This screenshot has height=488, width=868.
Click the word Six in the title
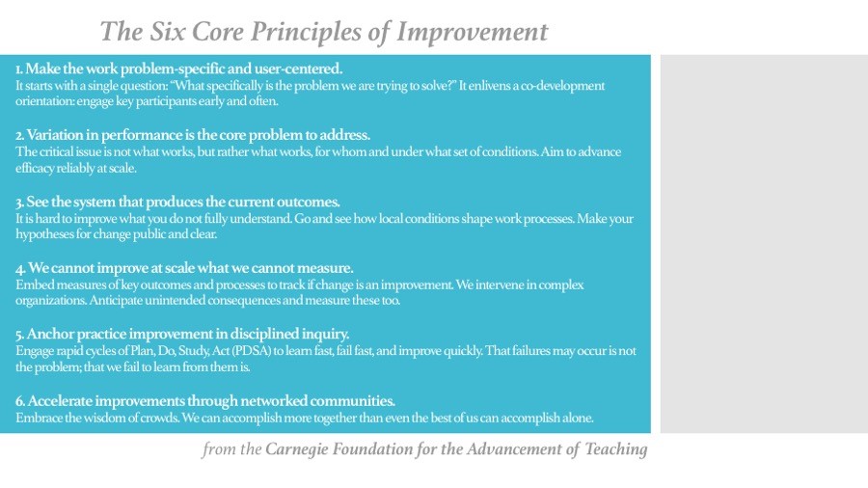pos(168,32)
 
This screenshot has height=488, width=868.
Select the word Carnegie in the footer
pos(296,449)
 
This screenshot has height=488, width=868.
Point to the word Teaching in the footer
pos(616,449)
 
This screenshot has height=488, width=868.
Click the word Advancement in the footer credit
pos(513,448)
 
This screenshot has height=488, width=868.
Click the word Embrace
pos(39,418)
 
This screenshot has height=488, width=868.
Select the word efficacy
pos(35,168)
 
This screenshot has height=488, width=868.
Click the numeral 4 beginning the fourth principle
pos(20,269)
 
